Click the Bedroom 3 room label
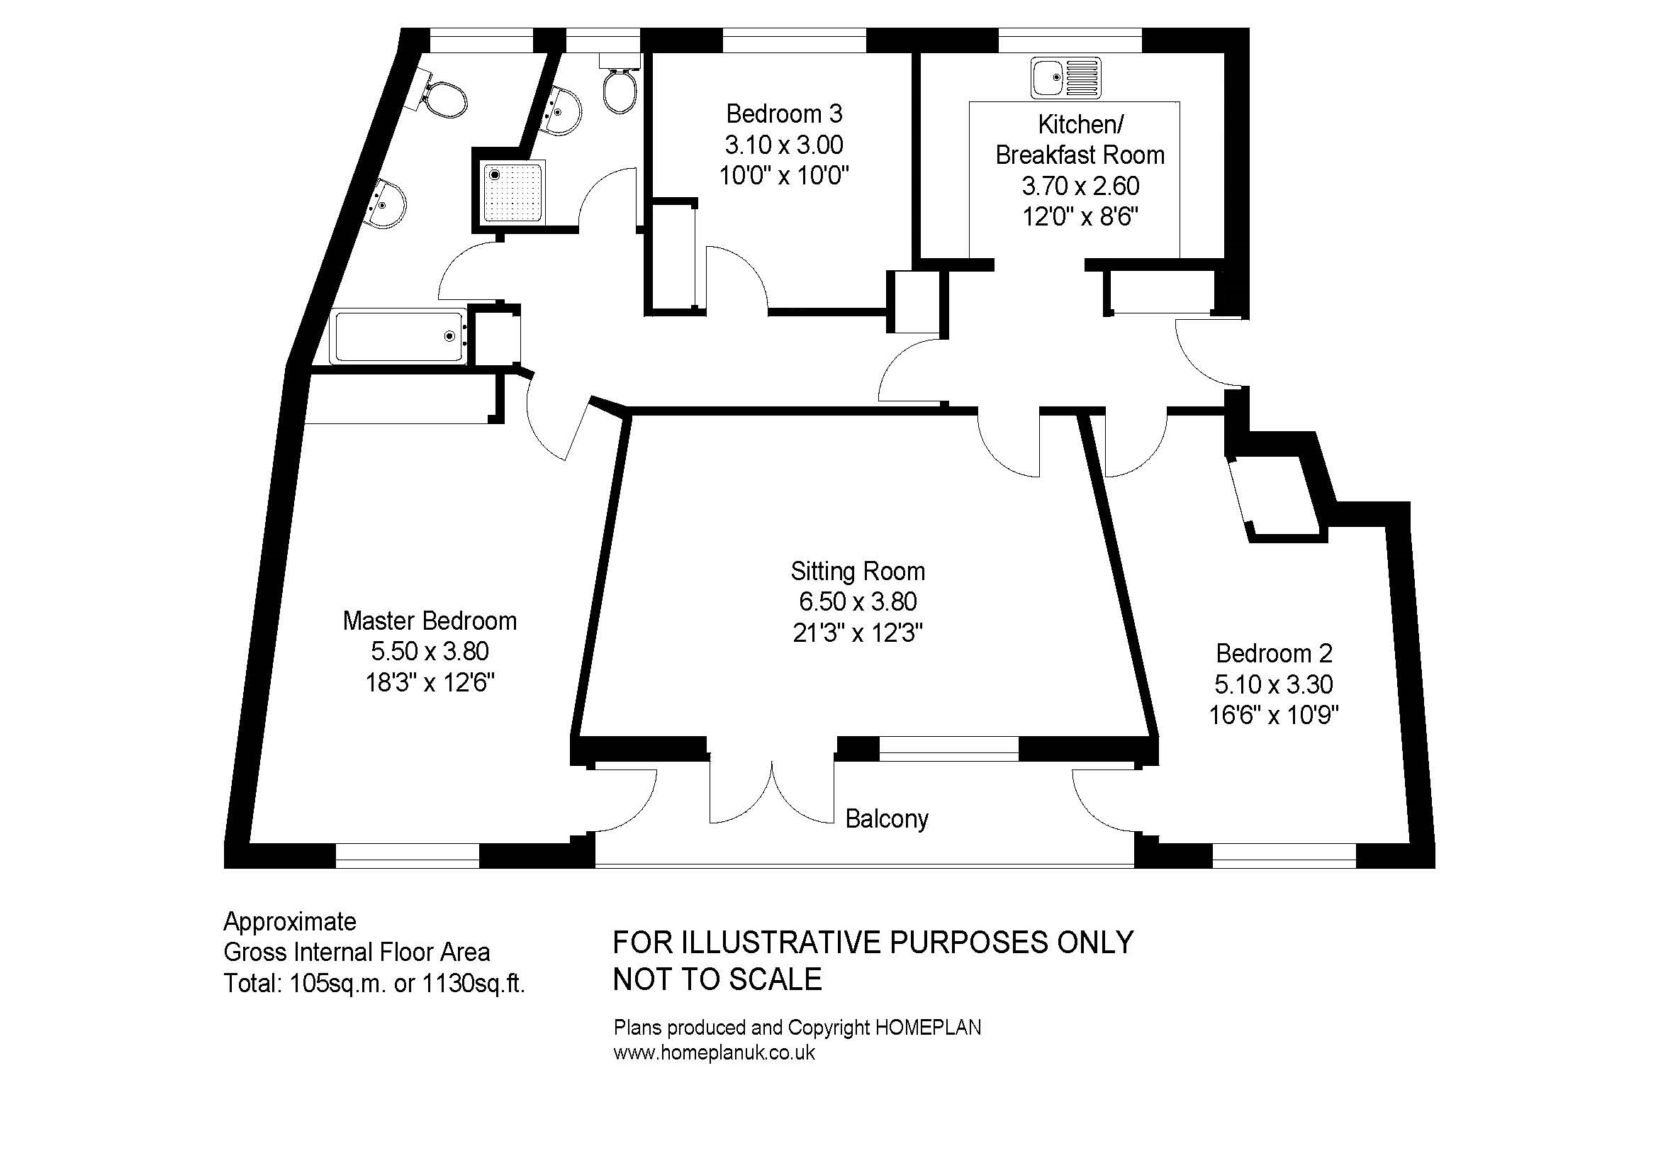pos(784,114)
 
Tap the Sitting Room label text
pos(858,572)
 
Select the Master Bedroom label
pos(430,621)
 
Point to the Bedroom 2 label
pos(1274,653)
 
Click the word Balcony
pos(887,819)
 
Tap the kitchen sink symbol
pos(1066,77)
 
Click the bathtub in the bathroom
pos(398,337)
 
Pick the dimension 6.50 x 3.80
pos(858,601)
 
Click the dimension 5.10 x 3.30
pos(1274,684)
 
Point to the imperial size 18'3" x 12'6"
pos(430,682)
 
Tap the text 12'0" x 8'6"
pos(1080,217)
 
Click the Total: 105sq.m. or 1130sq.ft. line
pos(374,983)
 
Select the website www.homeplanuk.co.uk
pos(715,1052)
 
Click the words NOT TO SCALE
pos(717,979)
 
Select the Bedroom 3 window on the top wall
pos(794,40)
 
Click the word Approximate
pos(290,922)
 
